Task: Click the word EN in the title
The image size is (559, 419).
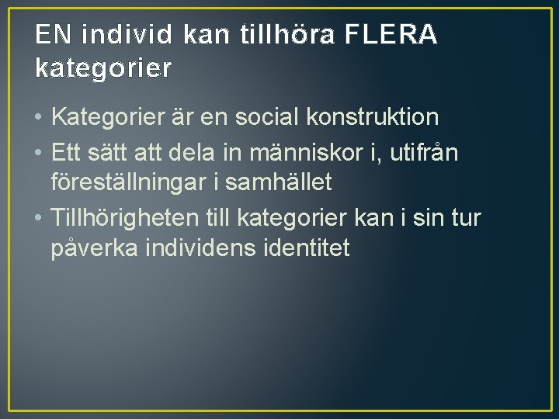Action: [x=52, y=36]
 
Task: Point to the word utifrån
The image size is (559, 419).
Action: [x=424, y=153]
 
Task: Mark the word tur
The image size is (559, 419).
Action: [x=464, y=218]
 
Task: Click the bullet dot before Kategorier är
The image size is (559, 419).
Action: [x=38, y=119]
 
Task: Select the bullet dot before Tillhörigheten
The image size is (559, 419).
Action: [x=38, y=219]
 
